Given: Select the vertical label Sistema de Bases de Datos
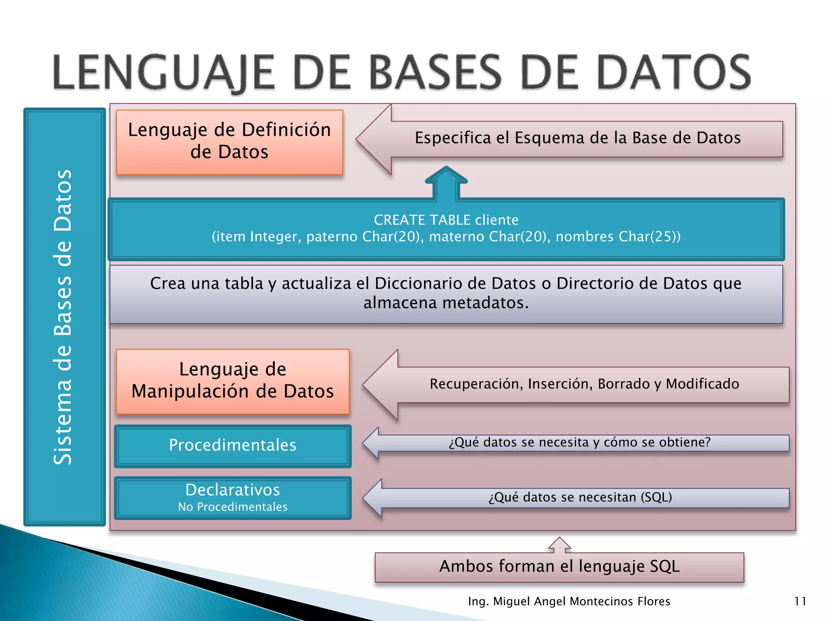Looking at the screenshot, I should tap(63, 317).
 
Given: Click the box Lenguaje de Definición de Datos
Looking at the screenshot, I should tap(229, 142).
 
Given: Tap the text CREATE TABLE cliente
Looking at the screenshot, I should tap(446, 220).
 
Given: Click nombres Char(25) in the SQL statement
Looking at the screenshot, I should tap(618, 237).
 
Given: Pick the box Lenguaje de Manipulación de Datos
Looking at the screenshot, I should tap(232, 381).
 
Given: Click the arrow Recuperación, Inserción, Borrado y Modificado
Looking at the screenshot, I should tap(584, 384).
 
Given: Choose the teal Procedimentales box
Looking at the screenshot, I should tap(232, 446).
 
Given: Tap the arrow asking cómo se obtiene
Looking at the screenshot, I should tap(579, 442).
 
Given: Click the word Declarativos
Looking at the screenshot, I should tap(232, 490).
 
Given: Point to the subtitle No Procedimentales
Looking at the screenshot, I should tap(232, 507).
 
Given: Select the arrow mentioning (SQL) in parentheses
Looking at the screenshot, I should tap(580, 497).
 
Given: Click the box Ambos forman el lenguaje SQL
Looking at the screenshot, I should tap(559, 567).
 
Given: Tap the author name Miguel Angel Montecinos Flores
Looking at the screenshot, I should tap(581, 602).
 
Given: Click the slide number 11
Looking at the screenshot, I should tap(800, 602).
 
